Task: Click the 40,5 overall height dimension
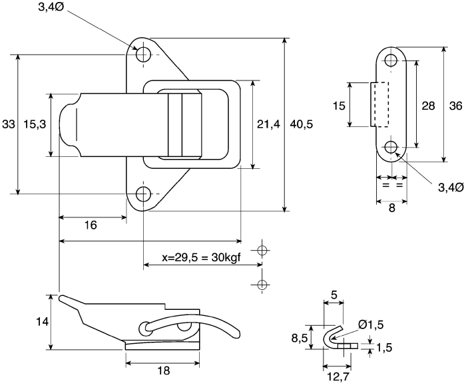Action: (x=302, y=124)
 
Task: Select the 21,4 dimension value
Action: (x=268, y=124)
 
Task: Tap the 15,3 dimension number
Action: (x=35, y=124)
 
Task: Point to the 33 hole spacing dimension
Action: (x=8, y=124)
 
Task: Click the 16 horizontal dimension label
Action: (x=91, y=225)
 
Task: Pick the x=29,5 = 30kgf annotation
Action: (x=202, y=257)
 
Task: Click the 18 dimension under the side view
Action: (x=164, y=370)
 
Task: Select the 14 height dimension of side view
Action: (x=42, y=322)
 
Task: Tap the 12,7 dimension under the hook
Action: (x=338, y=377)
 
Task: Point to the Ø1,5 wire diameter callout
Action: (x=371, y=324)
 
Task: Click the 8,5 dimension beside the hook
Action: (x=300, y=338)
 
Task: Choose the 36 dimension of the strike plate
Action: (x=455, y=106)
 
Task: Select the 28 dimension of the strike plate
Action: (x=428, y=106)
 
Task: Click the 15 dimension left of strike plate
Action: (x=339, y=106)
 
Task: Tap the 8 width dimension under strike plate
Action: (x=391, y=208)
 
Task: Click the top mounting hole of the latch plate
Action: (x=144, y=55)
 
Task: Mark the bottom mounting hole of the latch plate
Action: (x=144, y=194)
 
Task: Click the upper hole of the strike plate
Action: (x=391, y=61)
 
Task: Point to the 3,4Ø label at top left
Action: (x=51, y=7)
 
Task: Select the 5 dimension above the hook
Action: (x=334, y=295)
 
